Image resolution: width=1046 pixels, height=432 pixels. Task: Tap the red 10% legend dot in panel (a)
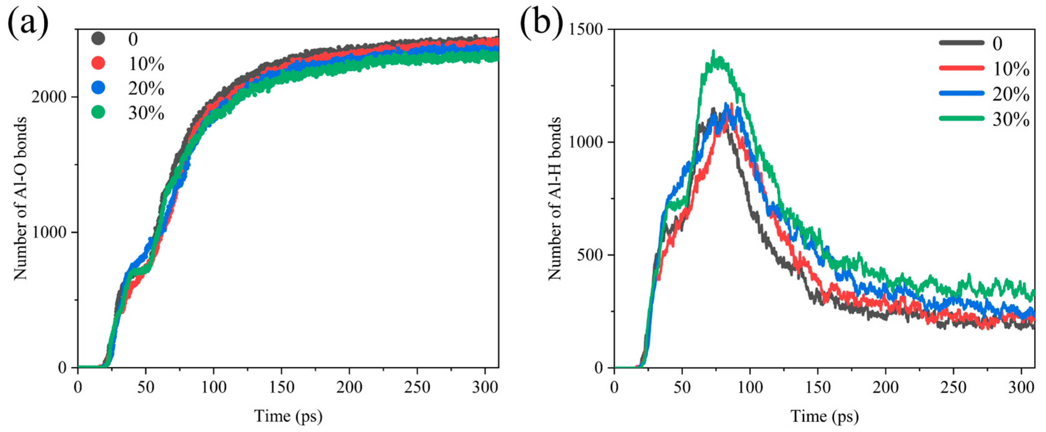98,63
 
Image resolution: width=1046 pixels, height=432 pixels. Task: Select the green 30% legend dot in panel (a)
98,112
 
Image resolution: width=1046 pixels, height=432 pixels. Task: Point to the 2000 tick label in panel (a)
49,97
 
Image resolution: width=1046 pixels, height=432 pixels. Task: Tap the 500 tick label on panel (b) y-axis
590,255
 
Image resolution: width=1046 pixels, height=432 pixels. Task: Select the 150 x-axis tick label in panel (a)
281,387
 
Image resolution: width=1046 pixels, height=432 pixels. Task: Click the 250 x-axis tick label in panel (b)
954,387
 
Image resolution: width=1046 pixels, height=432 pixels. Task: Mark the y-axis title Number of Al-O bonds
20,199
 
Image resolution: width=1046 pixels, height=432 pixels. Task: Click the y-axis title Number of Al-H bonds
555,199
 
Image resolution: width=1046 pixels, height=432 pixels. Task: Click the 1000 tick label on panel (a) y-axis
49,232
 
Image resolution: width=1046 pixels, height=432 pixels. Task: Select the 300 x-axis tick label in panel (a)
485,387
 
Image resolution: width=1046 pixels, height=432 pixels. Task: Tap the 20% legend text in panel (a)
146,88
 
